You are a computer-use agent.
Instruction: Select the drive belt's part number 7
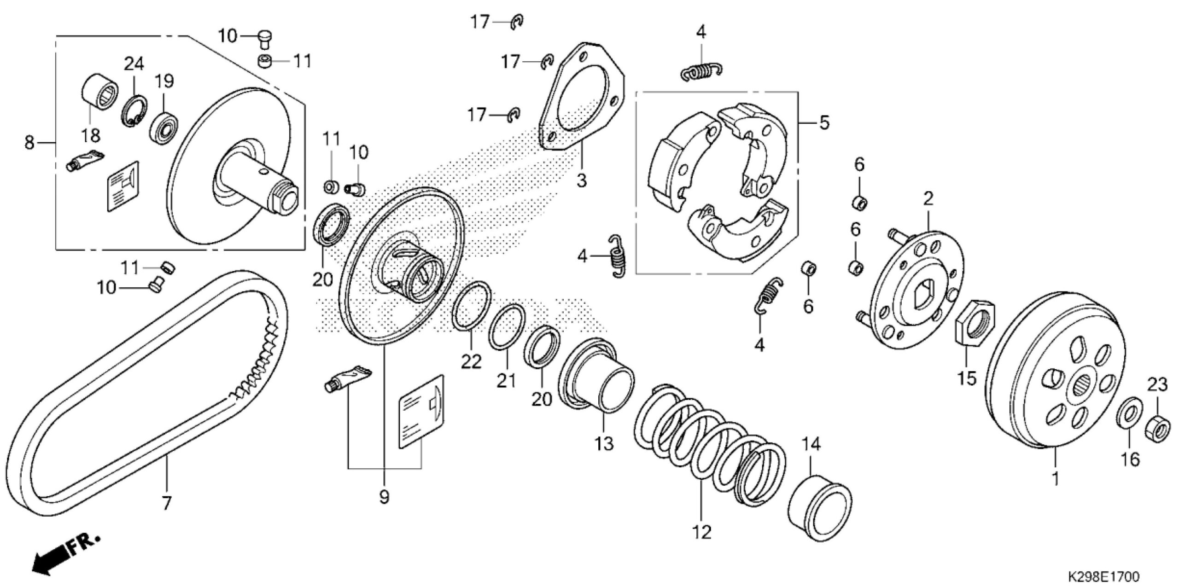click(x=166, y=503)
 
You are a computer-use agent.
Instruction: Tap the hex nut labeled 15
click(x=974, y=328)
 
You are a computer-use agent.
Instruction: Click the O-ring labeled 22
click(x=471, y=306)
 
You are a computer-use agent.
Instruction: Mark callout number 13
click(x=603, y=445)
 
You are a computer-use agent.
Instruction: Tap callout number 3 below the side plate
click(x=582, y=180)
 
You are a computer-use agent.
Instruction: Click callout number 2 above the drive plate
click(x=928, y=199)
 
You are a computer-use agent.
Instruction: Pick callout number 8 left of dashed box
click(x=29, y=143)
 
